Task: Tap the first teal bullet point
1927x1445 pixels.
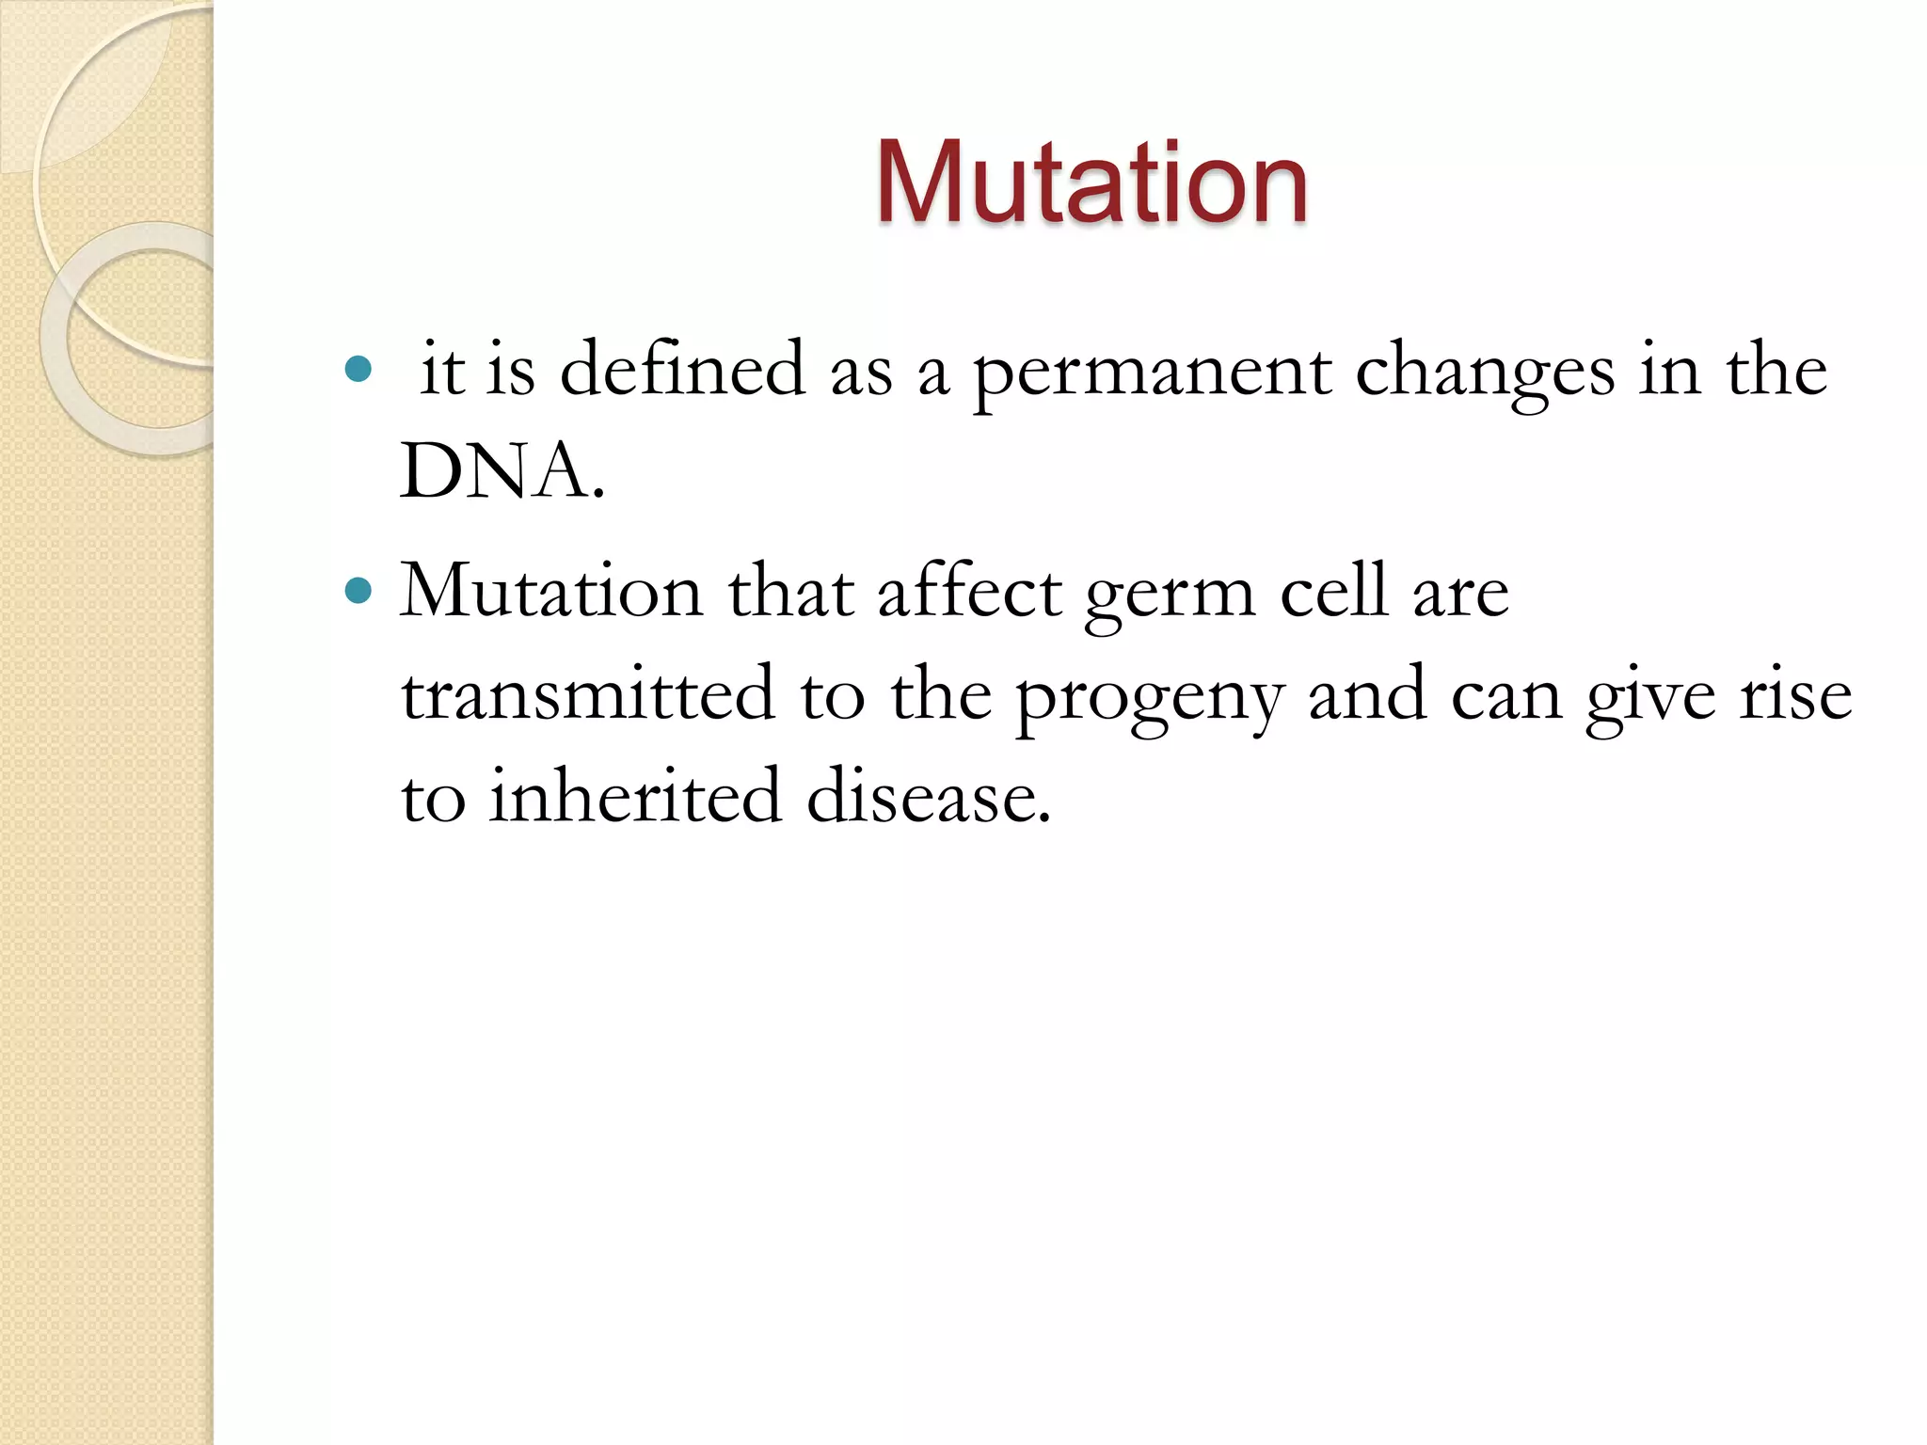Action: pos(358,369)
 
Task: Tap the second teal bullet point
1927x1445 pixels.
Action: pos(358,592)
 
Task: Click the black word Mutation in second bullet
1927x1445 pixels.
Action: pos(551,592)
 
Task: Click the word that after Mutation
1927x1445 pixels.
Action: pos(790,592)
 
